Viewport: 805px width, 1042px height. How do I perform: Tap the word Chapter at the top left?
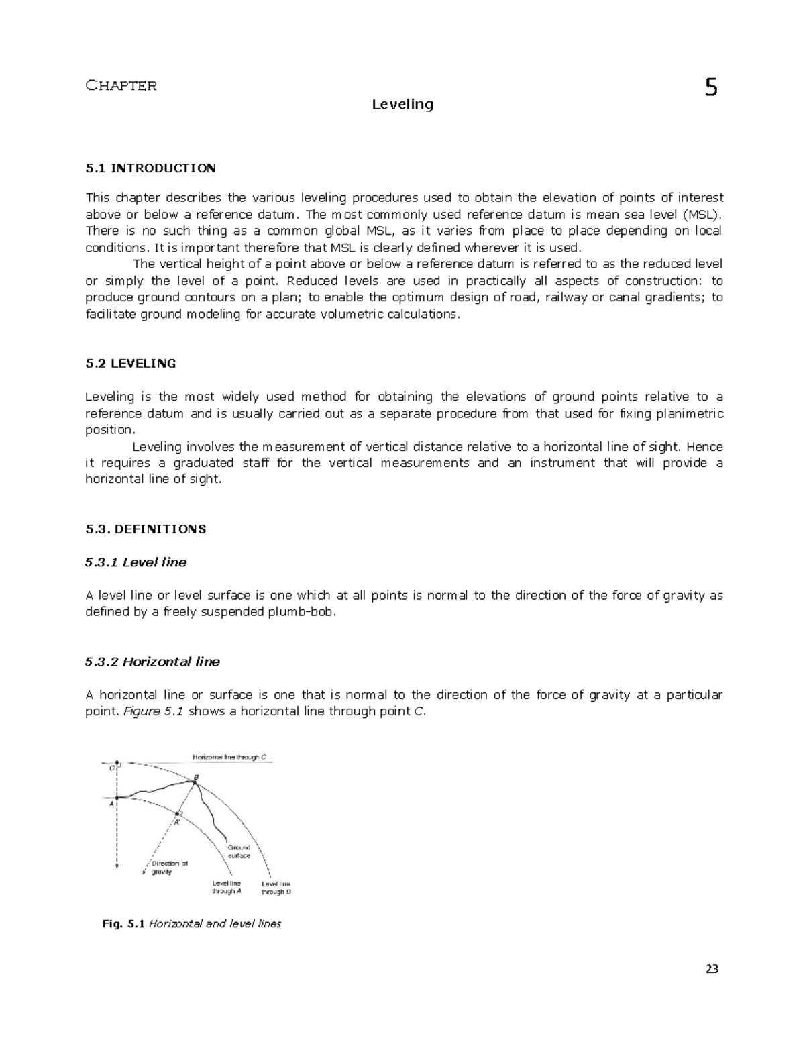[x=121, y=85]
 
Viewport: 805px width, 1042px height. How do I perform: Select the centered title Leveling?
[x=402, y=105]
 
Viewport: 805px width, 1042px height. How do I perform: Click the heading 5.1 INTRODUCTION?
[x=150, y=168]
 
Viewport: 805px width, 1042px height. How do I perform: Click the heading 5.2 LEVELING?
[x=131, y=364]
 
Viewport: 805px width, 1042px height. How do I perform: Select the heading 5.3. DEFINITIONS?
[x=146, y=529]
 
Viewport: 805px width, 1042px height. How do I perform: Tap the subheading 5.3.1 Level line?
[x=136, y=562]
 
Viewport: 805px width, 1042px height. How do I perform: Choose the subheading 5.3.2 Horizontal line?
[x=152, y=662]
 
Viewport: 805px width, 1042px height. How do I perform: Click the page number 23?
[x=712, y=969]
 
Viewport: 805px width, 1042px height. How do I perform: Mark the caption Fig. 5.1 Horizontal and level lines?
[x=191, y=924]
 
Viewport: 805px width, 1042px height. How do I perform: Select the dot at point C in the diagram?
[x=117, y=764]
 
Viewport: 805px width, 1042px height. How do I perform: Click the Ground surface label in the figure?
[x=239, y=851]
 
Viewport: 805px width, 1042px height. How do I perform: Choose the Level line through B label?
[x=276, y=888]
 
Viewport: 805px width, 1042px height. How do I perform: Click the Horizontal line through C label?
[x=230, y=757]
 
